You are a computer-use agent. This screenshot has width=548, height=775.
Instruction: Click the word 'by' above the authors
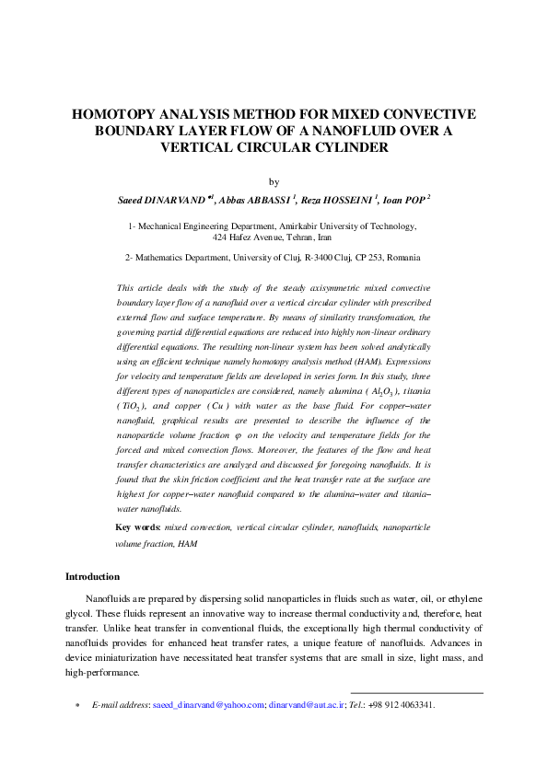(273, 182)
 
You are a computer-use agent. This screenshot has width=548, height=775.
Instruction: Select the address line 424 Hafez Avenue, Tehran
(273, 236)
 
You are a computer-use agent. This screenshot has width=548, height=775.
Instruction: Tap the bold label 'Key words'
(137, 527)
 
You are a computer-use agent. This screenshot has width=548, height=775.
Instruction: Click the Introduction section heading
(92, 576)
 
